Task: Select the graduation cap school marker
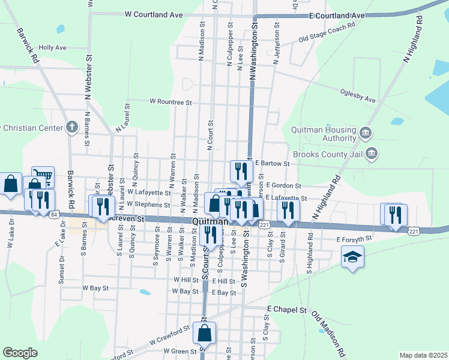tap(352, 259)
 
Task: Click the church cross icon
tap(72, 127)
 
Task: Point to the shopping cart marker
tap(43, 176)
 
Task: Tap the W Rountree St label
tap(170, 103)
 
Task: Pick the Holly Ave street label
tap(52, 47)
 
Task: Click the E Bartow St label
tap(272, 163)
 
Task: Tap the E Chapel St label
tap(286, 310)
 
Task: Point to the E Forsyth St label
tap(354, 239)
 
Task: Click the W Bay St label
tap(95, 288)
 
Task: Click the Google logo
tap(20, 353)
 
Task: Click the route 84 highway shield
tap(55, 214)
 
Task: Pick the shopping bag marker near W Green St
tap(205, 333)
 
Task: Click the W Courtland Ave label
tap(153, 14)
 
